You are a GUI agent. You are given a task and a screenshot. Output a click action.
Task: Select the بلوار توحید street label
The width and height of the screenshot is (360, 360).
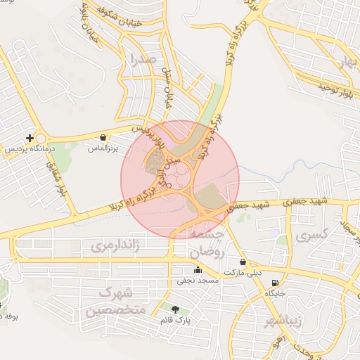(333, 86)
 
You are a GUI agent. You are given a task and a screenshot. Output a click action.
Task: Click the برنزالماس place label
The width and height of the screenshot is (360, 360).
(103, 149)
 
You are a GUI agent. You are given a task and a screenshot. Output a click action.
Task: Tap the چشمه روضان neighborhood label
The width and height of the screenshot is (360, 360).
(206, 243)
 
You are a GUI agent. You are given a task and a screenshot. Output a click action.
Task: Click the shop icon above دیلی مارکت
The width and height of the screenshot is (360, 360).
(243, 261)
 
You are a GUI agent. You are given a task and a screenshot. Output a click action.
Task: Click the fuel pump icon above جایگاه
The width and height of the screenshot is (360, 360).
(274, 283)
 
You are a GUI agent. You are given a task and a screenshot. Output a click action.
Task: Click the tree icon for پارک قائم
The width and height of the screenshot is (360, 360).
(175, 309)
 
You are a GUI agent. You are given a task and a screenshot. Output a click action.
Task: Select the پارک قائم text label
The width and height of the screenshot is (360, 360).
(176, 320)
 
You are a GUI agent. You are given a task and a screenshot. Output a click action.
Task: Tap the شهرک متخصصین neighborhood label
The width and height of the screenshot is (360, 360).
(115, 301)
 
